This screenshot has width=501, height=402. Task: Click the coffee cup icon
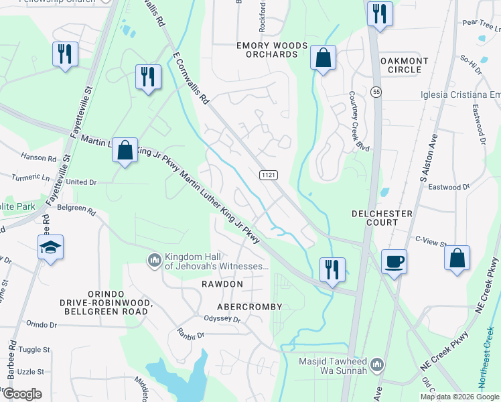click(x=394, y=261)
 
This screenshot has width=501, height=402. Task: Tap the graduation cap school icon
click(x=50, y=248)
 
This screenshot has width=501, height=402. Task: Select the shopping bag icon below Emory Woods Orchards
click(x=323, y=58)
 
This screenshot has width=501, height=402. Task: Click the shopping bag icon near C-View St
click(x=457, y=259)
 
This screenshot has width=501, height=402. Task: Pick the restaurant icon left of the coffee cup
click(x=332, y=270)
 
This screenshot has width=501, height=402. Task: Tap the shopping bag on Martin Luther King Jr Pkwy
click(x=125, y=150)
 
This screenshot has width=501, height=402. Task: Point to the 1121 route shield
click(x=269, y=174)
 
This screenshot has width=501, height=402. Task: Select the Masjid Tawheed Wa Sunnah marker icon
click(x=376, y=364)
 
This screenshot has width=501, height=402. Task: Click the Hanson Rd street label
click(x=38, y=158)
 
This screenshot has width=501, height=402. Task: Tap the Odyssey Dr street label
click(x=222, y=319)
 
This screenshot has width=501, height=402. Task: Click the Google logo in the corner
click(x=22, y=394)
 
